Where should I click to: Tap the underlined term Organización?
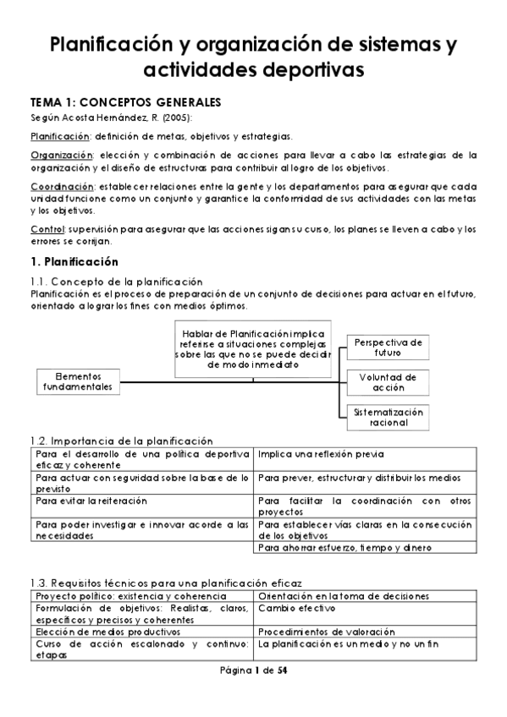(61, 155)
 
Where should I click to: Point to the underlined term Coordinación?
(62, 185)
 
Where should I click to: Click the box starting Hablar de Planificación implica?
(255, 348)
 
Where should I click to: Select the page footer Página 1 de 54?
(253, 670)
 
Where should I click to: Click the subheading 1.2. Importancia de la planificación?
(121, 441)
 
